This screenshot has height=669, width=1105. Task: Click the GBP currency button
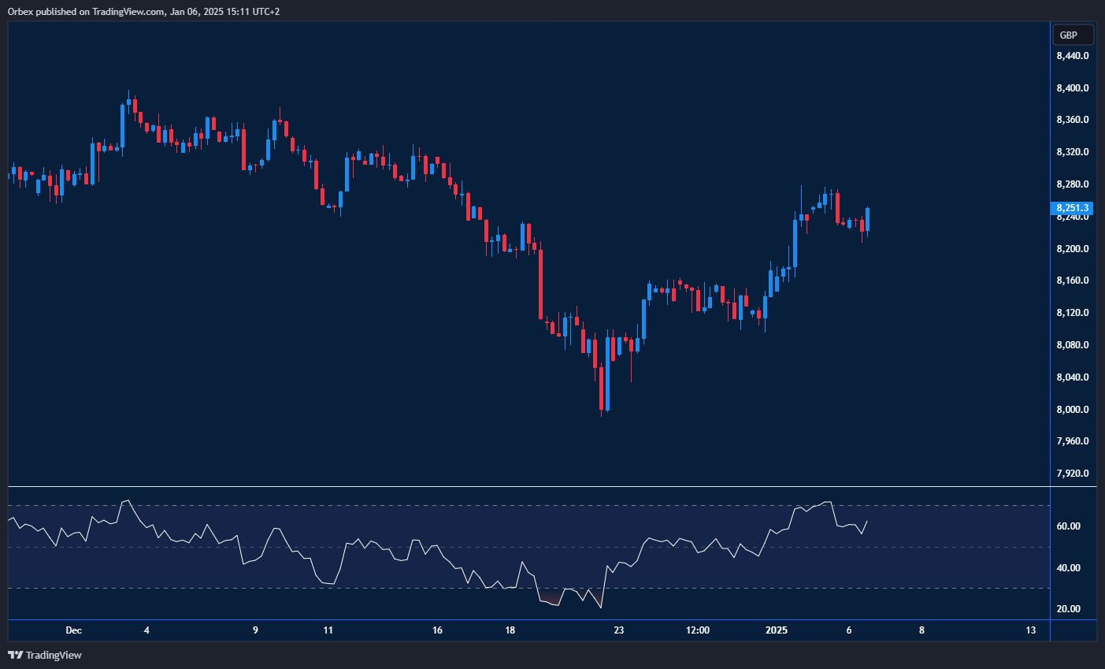(x=1072, y=35)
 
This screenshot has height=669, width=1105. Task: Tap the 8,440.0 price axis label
(x=1073, y=56)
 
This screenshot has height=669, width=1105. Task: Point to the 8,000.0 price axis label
(x=1073, y=410)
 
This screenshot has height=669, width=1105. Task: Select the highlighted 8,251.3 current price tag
(x=1073, y=208)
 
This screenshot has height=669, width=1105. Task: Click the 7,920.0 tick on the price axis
(x=1073, y=474)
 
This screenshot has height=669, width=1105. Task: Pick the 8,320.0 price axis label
(x=1073, y=152)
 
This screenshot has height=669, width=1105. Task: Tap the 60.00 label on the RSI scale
(x=1068, y=526)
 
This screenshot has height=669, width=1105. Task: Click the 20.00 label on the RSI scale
(x=1068, y=609)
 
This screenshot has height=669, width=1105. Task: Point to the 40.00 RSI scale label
(x=1068, y=568)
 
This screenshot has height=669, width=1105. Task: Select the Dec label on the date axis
(x=73, y=630)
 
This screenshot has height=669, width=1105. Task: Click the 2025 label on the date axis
(x=777, y=630)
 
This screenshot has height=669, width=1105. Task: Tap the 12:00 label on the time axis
(x=698, y=630)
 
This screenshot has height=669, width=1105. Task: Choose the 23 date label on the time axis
(x=619, y=630)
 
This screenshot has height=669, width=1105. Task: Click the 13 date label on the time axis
(x=1030, y=630)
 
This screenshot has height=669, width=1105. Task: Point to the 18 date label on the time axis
(x=510, y=630)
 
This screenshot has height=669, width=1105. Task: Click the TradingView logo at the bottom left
(x=45, y=655)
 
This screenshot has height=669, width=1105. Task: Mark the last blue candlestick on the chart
(x=867, y=220)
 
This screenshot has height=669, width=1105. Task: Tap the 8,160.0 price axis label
(x=1073, y=281)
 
